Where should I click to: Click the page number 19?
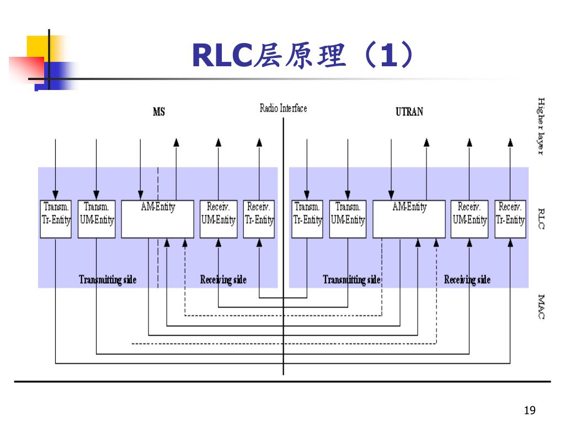(x=529, y=410)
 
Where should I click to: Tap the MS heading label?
(x=159, y=112)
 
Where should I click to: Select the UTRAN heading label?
(x=409, y=112)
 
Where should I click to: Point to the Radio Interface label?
(x=283, y=108)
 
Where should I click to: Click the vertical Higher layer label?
(x=541, y=126)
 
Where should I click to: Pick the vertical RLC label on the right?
(x=541, y=219)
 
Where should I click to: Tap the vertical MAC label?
(x=541, y=306)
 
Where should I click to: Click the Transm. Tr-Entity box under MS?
(x=56, y=219)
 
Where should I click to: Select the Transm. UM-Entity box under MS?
(x=97, y=219)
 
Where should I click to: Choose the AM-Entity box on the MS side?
(x=158, y=219)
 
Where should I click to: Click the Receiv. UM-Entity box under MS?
(x=218, y=219)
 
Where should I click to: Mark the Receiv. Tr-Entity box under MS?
(x=259, y=219)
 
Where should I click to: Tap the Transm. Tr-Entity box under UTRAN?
(x=307, y=219)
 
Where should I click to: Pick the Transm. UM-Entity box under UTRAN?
(x=348, y=219)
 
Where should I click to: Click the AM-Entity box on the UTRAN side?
(x=409, y=219)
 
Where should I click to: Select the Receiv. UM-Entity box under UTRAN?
(x=470, y=219)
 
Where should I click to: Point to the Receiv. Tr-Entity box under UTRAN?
(x=510, y=219)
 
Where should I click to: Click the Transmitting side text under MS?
(x=108, y=279)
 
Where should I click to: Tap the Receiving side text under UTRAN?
(x=467, y=279)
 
